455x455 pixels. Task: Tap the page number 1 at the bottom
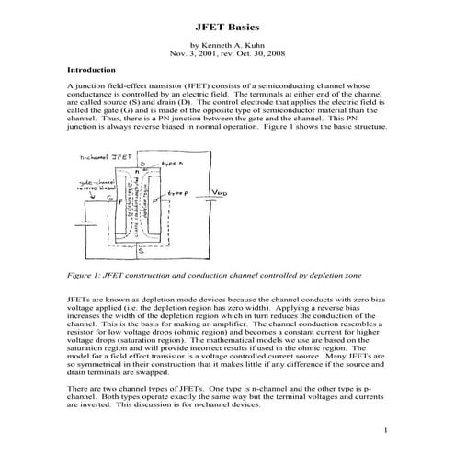pyautogui.click(x=387, y=430)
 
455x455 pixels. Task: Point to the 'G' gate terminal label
pyautogui.click(x=108, y=198)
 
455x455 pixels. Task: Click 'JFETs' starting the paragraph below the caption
pyautogui.click(x=79, y=301)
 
